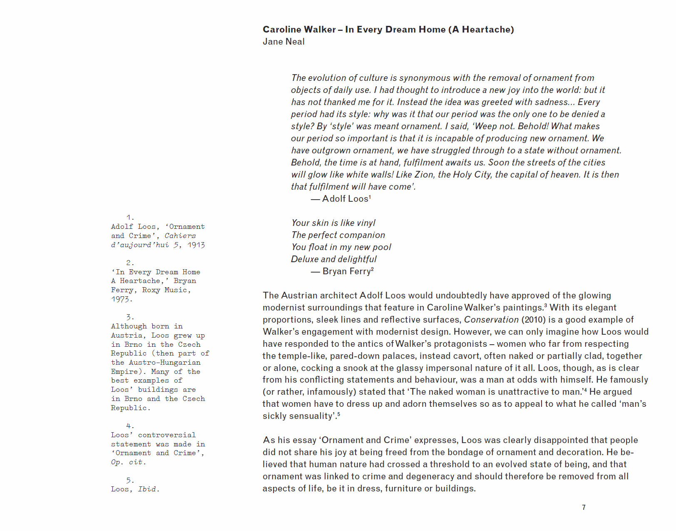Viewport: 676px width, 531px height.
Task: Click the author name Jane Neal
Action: point(283,42)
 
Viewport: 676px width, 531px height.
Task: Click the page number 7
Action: point(584,507)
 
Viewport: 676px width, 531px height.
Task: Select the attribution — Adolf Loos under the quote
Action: point(341,199)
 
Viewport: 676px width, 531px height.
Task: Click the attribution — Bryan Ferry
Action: point(342,271)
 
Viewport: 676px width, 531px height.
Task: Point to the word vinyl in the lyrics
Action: point(365,223)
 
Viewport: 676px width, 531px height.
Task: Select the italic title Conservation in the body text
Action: point(491,320)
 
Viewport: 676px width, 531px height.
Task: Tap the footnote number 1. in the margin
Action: point(130,218)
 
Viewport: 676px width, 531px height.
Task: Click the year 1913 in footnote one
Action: point(196,245)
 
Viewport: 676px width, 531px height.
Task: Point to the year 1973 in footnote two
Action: point(122,299)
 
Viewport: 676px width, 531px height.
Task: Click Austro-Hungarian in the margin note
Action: point(164,363)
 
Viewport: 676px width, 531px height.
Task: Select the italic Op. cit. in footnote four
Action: point(129,462)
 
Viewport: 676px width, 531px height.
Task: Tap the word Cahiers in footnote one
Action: point(180,236)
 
